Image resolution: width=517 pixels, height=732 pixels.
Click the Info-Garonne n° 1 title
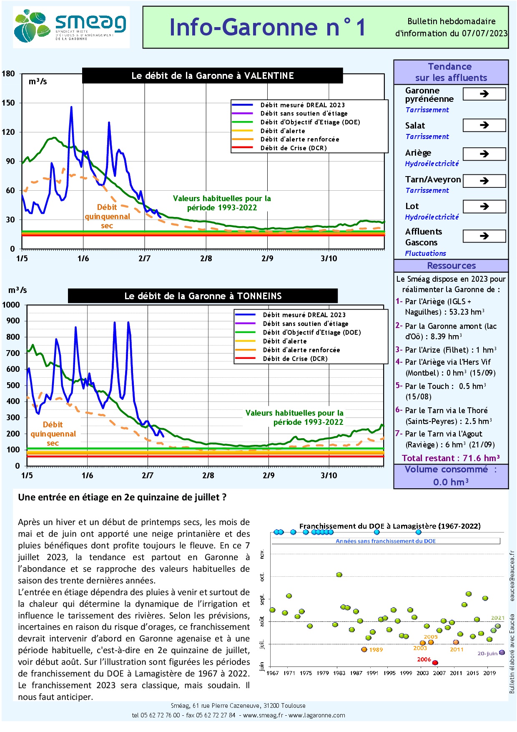[267, 28]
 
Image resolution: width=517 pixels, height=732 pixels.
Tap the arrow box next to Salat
[484, 125]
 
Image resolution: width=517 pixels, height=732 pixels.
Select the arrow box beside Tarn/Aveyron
[484, 181]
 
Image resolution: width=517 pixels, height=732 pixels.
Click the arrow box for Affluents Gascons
[484, 236]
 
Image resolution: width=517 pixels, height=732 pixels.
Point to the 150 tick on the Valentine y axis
[8, 103]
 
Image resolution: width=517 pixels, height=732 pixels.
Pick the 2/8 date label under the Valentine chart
[206, 259]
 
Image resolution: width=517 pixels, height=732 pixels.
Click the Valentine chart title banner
[213, 76]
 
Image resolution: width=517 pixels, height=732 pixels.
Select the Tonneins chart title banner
[203, 296]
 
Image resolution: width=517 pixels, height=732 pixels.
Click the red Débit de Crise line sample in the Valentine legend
[242, 148]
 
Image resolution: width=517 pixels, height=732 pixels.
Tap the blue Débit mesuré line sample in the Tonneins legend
[245, 315]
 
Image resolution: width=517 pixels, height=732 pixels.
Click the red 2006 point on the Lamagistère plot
[435, 663]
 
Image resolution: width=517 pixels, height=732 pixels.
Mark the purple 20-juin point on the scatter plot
[502, 652]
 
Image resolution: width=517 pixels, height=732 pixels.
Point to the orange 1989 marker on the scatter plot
[364, 649]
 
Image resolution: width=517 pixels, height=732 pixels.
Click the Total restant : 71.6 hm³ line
[451, 458]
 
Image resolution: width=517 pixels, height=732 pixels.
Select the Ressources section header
[451, 266]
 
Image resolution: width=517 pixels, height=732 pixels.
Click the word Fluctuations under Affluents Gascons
[425, 253]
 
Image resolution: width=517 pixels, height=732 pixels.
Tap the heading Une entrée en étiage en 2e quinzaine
[122, 497]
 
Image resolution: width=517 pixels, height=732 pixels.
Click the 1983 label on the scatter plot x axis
[339, 673]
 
